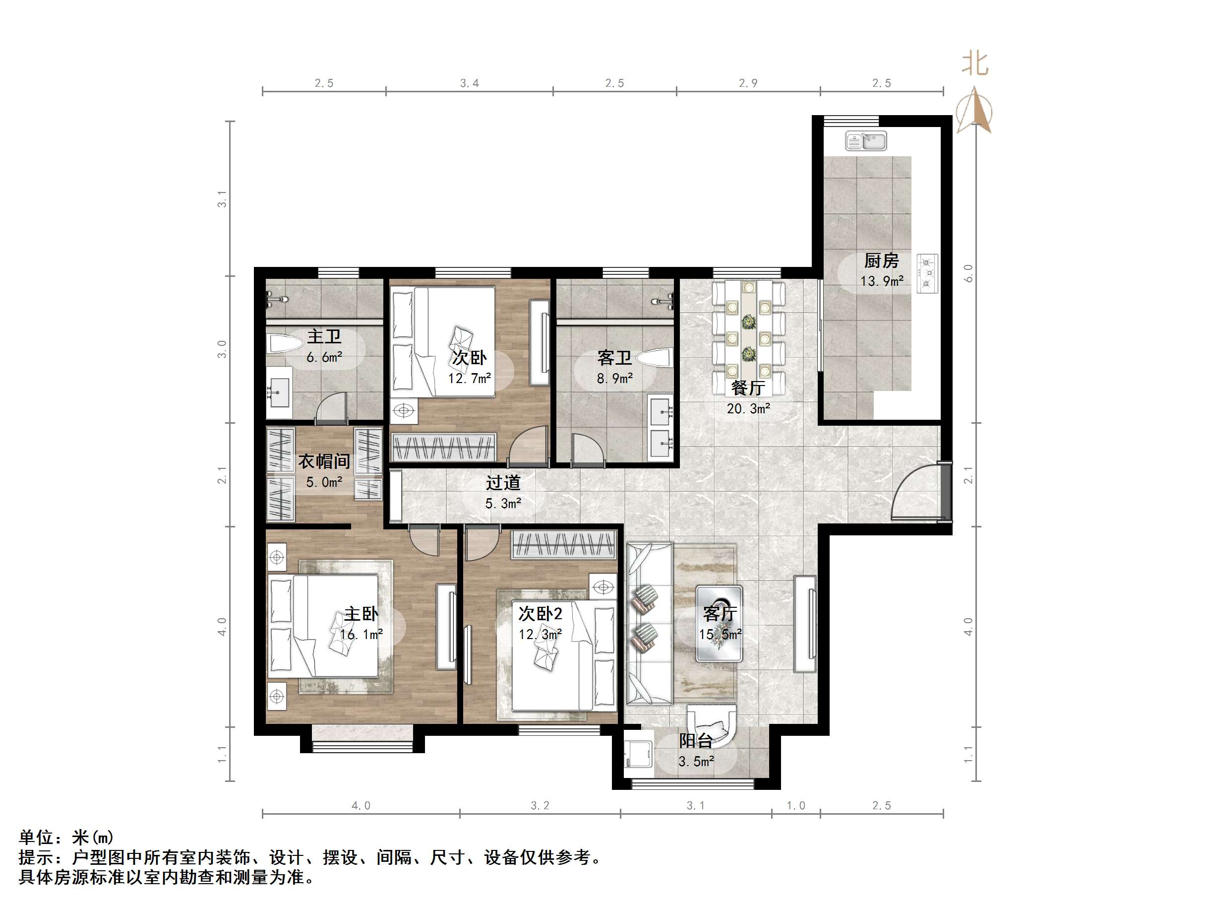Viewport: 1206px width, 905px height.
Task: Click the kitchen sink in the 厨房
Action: coord(865,141)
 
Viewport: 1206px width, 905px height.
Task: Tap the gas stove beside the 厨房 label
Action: coord(927,273)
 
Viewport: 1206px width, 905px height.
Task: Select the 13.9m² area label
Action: coord(882,281)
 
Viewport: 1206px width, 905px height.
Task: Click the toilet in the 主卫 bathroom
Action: coord(285,344)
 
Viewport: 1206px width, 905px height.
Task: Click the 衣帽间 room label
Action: coord(324,461)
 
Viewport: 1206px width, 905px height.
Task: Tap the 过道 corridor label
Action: coord(503,482)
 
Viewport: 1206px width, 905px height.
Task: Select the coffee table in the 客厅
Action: coord(719,624)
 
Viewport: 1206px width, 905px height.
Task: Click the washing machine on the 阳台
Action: coord(638,758)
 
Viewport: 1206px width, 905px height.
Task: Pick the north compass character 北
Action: coord(974,64)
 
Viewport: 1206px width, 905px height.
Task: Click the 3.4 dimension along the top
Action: coord(469,83)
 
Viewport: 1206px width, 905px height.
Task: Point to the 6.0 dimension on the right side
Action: coord(968,273)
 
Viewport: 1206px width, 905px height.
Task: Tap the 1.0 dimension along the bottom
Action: coord(795,805)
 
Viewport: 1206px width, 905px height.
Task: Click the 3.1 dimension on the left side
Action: coord(222,198)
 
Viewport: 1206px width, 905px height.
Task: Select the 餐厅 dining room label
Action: coord(747,388)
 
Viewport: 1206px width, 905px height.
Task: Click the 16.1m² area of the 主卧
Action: coord(361,635)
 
